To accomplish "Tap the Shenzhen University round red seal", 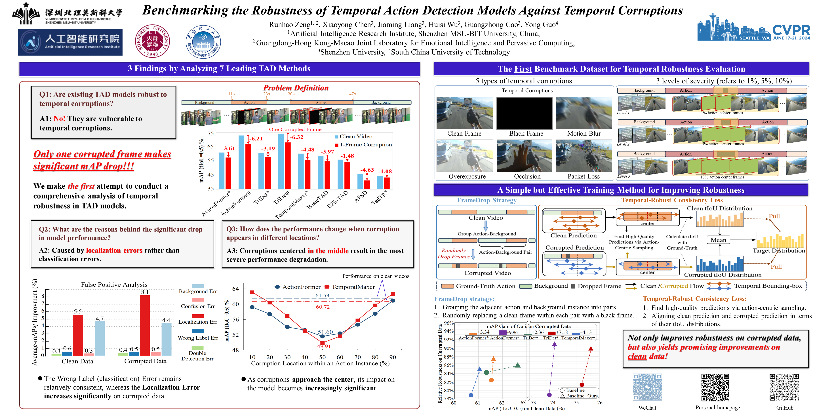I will [x=152, y=41].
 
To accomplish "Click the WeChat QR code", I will [x=647, y=387].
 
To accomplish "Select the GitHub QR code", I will [x=784, y=387].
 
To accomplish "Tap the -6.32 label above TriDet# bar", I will [x=296, y=137].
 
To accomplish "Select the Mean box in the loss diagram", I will [x=718, y=240].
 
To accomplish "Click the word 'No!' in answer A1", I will [x=60, y=119].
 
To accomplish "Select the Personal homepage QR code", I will [x=715, y=387].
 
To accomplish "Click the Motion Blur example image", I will [x=584, y=113].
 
